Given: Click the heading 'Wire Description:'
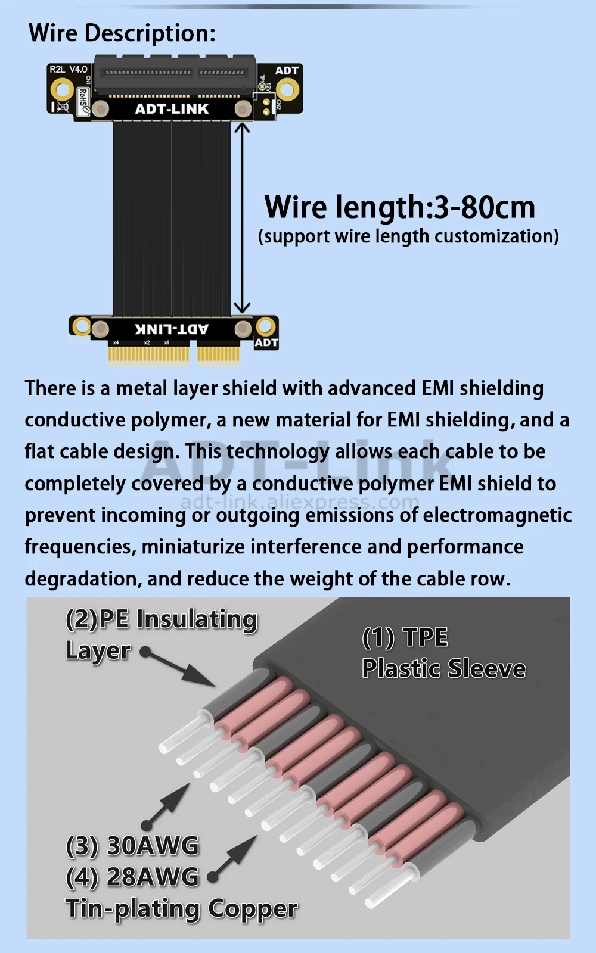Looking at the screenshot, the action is click(122, 33).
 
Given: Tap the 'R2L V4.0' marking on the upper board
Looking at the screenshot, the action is click(68, 70).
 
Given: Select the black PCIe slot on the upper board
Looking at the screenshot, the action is click(175, 74).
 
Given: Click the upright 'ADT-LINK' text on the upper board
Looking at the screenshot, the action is click(172, 109).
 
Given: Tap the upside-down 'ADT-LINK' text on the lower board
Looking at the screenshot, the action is click(172, 329).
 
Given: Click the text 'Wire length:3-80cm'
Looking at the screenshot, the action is click(399, 207).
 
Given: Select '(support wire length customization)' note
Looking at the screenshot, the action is click(408, 236).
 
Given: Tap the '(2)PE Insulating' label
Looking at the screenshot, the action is click(162, 619).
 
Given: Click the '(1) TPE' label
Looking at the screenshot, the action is click(405, 637).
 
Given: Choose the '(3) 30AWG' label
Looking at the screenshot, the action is click(132, 846).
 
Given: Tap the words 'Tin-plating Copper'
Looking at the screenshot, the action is click(181, 909).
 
